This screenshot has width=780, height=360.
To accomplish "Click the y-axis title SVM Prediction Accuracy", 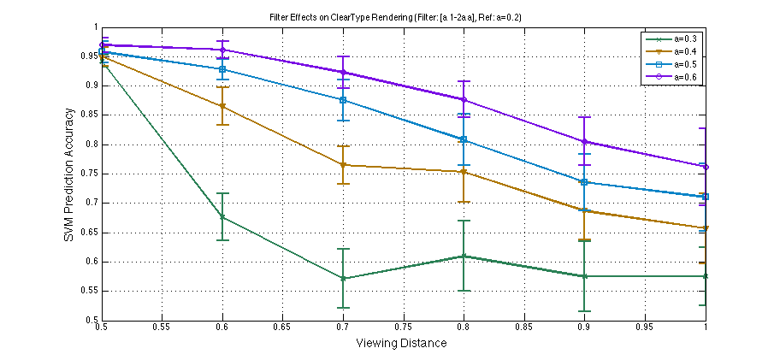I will (69, 174).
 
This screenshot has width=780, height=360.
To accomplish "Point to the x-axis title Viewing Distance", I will (402, 342).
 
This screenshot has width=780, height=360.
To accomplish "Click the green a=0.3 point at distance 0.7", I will (343, 278).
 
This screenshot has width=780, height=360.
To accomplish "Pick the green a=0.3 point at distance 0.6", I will (222, 217).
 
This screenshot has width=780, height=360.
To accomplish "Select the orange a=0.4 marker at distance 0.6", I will (222, 107).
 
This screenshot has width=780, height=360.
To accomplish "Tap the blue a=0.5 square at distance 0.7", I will (343, 100).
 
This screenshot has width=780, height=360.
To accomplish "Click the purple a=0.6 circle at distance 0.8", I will (464, 100).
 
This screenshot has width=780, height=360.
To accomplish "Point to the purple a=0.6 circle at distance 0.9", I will (585, 142).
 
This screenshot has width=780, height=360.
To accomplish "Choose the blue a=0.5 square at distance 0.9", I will (585, 182).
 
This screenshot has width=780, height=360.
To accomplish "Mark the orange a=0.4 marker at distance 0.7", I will (343, 165).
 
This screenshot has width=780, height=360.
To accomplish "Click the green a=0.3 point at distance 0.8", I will (464, 256).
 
